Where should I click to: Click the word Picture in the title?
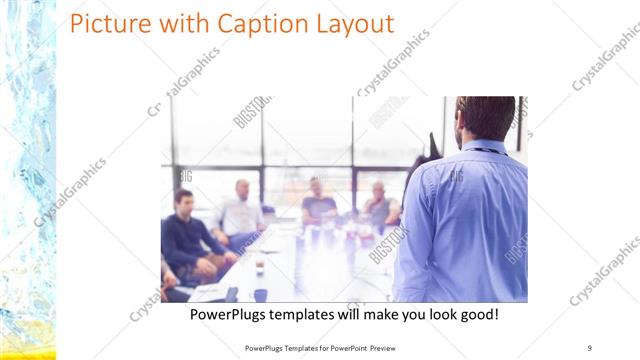pos(111,24)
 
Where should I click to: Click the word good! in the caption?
pos(477,315)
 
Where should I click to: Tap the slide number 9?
pos(590,347)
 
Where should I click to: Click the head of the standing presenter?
pos(486,118)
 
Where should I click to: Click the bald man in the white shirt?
pos(241,210)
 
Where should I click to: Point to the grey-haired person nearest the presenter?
pos(379,206)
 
